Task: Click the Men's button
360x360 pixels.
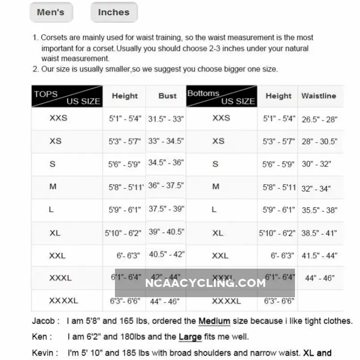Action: click(x=50, y=12)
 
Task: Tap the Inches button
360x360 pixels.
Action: click(x=114, y=12)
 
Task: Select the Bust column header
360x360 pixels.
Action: click(x=168, y=96)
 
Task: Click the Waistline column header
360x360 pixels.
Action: click(x=319, y=96)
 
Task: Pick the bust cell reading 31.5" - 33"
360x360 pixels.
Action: click(x=166, y=119)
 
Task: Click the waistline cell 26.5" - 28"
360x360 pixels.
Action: click(x=319, y=119)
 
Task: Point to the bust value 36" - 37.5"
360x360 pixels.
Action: click(x=166, y=185)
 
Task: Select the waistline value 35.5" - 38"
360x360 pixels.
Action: click(x=319, y=210)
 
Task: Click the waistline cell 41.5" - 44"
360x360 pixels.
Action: click(x=319, y=256)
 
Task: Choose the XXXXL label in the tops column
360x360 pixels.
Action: click(x=63, y=301)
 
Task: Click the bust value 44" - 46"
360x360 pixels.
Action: click(x=165, y=301)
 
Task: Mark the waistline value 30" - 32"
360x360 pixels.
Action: click(x=316, y=164)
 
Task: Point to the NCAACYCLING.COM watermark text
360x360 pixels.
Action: click(x=205, y=282)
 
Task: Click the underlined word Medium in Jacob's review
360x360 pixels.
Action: click(x=214, y=321)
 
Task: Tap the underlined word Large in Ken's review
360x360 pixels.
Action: click(x=190, y=337)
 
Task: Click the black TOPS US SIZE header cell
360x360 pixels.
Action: click(x=67, y=97)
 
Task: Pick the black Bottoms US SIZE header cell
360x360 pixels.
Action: click(x=221, y=97)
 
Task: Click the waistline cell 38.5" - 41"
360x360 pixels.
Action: click(x=319, y=233)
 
